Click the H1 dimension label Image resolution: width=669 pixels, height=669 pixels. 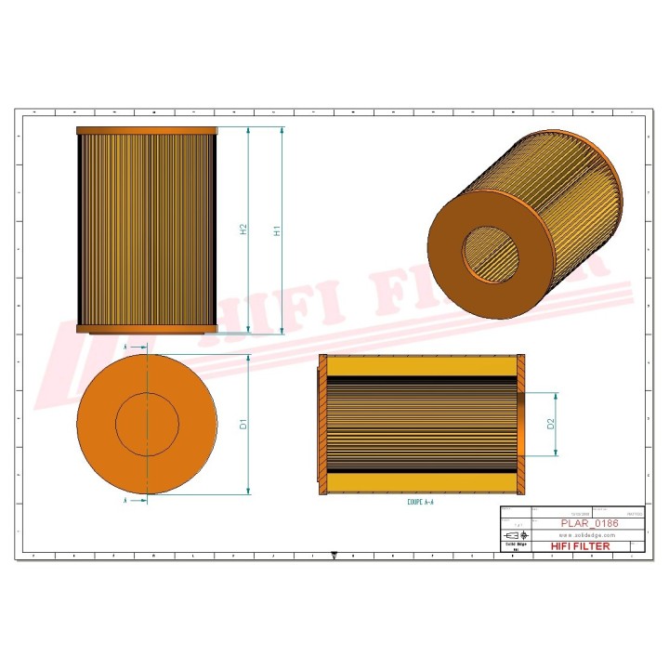coord(277,230)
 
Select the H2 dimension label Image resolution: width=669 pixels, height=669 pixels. coord(243,229)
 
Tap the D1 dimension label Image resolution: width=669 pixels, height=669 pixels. coord(243,424)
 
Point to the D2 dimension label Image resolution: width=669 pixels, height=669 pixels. coord(551,424)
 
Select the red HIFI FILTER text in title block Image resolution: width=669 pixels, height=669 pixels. coord(581,546)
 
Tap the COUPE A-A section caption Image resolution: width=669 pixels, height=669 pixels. coord(420,502)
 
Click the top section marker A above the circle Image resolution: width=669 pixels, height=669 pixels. coord(125,346)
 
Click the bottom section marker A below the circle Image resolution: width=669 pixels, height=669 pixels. coord(125,500)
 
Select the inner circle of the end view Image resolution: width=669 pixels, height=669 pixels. coord(147,424)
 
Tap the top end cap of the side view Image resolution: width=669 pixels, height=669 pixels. coord(146,131)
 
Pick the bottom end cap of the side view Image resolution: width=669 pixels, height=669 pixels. coord(146,329)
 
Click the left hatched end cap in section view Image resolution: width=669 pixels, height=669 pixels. coord(323,424)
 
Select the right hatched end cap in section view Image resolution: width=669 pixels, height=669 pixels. coord(521,424)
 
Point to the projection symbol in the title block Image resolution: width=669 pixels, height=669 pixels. coord(513,536)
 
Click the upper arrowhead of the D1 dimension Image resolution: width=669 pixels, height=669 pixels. coord(249,359)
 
